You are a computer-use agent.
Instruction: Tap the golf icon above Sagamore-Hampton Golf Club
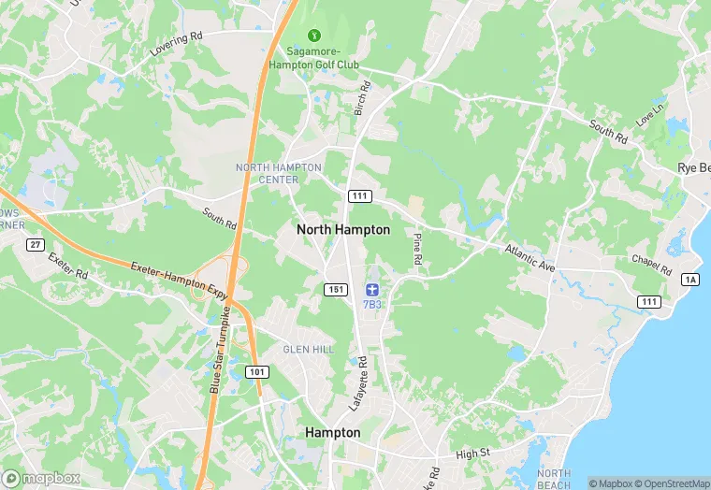click(312, 36)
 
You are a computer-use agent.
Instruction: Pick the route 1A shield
click(690, 280)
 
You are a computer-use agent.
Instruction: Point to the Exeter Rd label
click(66, 270)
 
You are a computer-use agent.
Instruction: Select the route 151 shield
click(337, 290)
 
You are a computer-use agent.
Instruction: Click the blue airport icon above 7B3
click(371, 286)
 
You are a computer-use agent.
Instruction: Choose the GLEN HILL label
click(308, 349)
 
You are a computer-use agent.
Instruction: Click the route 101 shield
click(258, 371)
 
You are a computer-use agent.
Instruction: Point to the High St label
click(472, 453)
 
